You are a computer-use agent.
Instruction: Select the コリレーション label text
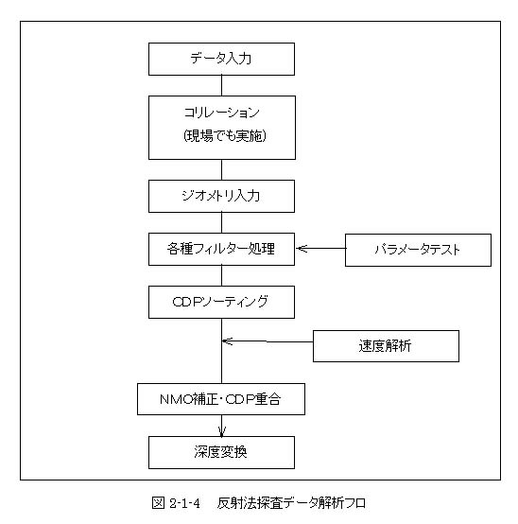pyautogui.click(x=221, y=113)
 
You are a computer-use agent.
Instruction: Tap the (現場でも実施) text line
pyautogui.click(x=225, y=135)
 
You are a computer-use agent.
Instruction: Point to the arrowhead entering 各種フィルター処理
pyautogui.click(x=301, y=249)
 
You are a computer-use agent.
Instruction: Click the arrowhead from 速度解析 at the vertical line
pyautogui.click(x=227, y=341)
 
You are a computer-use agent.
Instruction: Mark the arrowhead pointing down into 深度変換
pyautogui.click(x=222, y=431)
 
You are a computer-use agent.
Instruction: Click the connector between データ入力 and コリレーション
pyautogui.click(x=222, y=85)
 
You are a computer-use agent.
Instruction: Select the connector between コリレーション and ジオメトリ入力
pyautogui.click(x=222, y=169)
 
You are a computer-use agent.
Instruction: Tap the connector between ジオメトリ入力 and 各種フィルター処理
pyautogui.click(x=222, y=222)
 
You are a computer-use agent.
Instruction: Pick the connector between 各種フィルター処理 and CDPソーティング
pyautogui.click(x=222, y=275)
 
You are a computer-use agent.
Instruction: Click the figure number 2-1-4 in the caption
pyautogui.click(x=184, y=503)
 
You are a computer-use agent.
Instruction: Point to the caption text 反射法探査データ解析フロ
pyautogui.click(x=291, y=503)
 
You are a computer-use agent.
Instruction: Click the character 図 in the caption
pyautogui.click(x=158, y=502)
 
